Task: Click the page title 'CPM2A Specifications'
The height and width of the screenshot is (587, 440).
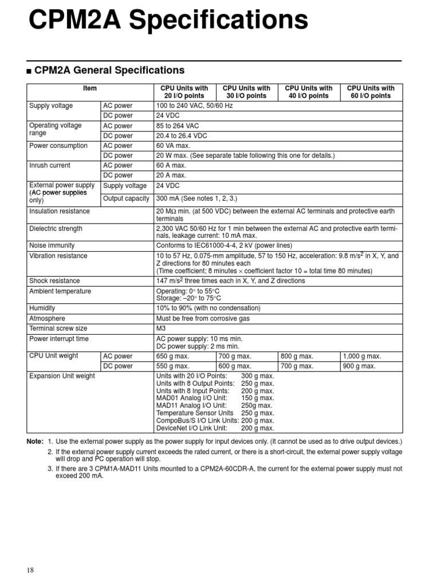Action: pos(168,22)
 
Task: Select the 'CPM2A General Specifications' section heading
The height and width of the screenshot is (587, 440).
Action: pos(109,71)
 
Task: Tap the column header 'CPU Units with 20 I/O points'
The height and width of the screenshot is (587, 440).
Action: pos(184,92)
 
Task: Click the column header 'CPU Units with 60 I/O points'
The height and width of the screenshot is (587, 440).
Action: pos(371,92)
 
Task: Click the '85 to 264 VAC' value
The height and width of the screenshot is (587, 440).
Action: pos(178,126)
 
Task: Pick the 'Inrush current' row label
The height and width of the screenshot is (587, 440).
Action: pos(50,165)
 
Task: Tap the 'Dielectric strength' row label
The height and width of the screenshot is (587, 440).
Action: pos(56,229)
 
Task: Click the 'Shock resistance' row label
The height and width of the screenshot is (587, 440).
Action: pos(54,281)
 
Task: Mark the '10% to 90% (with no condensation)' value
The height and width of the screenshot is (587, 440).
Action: pos(208,308)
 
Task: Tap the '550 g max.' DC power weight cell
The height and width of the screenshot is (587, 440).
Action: pos(172,366)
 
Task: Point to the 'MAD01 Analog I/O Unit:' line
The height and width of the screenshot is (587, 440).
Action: pos(191,398)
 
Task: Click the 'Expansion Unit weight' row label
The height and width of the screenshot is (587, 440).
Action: pos(62,376)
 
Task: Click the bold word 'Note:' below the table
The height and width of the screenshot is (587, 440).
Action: pos(35,441)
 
